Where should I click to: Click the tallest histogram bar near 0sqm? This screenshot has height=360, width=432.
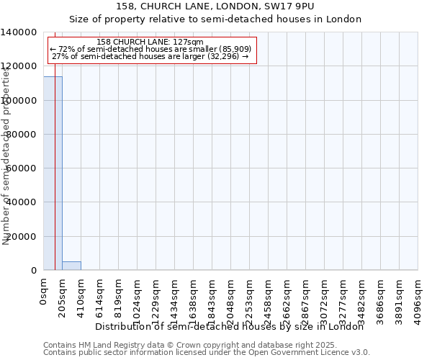53,173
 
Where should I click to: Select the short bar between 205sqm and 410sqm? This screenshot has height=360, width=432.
71,266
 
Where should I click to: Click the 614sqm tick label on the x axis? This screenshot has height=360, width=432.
100,295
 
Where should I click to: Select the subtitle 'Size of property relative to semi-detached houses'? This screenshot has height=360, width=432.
215,19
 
